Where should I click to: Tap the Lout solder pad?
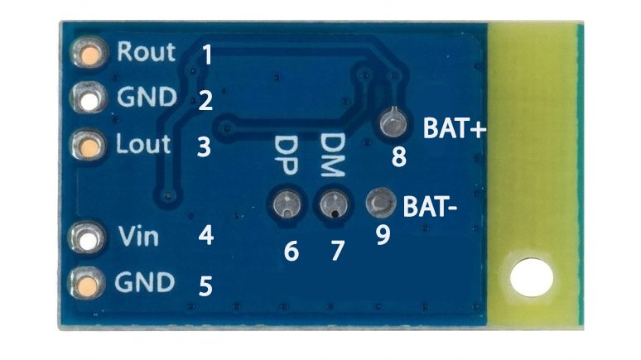pos(89,145)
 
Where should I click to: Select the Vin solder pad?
pos(88,238)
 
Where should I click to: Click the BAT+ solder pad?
pos(393,122)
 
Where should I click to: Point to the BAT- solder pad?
pos(381,202)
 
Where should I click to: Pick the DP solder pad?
pos(287,203)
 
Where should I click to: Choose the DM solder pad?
pos(334,203)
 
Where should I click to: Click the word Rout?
pos(146,52)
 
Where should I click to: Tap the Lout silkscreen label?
pos(142,144)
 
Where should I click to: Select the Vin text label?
pos(138,236)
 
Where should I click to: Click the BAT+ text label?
pos(455,128)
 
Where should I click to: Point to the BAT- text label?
pos(430,207)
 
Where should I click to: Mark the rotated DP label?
pos(286,156)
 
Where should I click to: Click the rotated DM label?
pos(332,155)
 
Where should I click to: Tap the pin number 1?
pos(207,55)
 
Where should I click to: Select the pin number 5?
pos(205,286)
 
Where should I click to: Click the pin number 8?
pos(399,156)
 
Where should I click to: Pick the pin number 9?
pos(383,235)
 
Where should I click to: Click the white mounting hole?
pos(532,277)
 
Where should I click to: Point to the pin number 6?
pos(292,252)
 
